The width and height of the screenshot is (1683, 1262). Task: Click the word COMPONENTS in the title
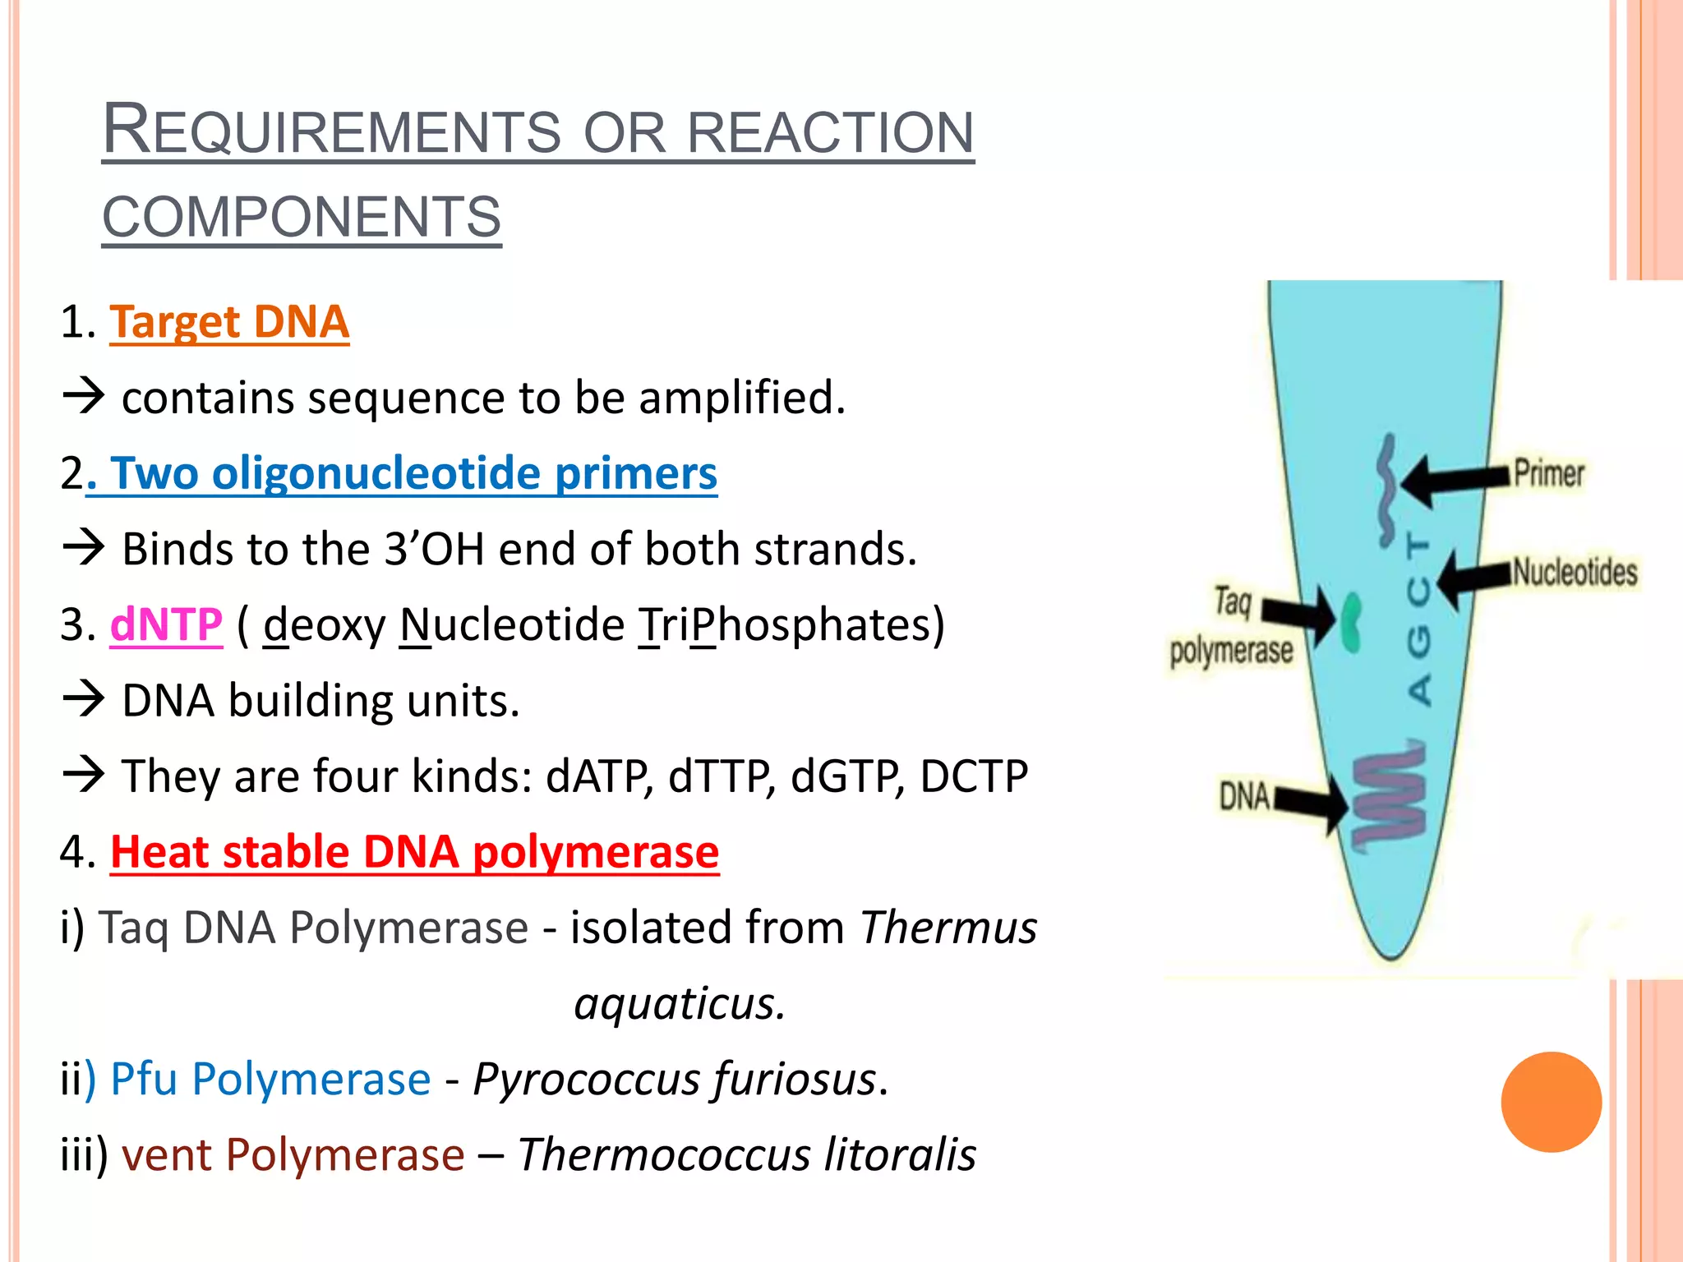tap(302, 217)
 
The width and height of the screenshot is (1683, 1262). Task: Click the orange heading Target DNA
tap(229, 321)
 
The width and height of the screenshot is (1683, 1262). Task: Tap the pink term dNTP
tap(166, 624)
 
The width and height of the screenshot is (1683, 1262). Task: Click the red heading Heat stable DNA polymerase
tap(414, 852)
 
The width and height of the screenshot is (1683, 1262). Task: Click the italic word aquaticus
tap(679, 1004)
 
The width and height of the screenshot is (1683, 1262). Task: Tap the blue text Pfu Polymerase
tap(270, 1079)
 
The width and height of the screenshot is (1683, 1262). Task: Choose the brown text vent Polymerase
tap(293, 1154)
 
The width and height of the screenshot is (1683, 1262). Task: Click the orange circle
tap(1551, 1102)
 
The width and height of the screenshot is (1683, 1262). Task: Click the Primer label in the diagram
tap(1548, 474)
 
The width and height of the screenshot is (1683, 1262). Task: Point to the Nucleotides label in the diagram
tap(1575, 573)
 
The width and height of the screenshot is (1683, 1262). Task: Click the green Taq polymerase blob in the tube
tap(1349, 622)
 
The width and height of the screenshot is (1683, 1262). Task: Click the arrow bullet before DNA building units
tap(84, 700)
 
